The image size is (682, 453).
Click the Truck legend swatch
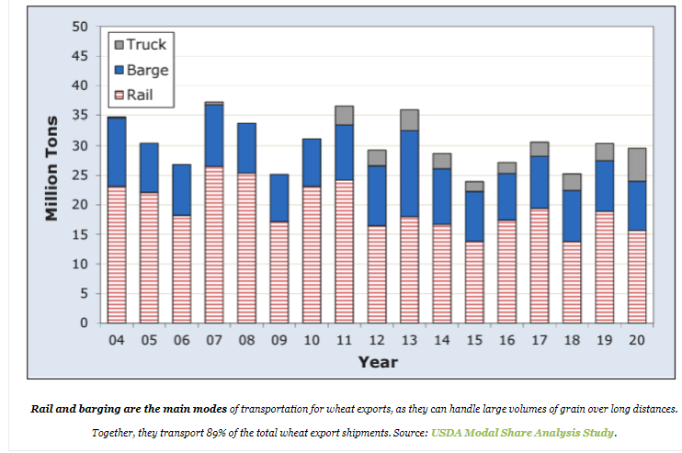tap(119, 44)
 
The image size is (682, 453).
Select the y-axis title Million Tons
tap(52, 166)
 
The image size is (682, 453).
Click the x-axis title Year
tap(378, 361)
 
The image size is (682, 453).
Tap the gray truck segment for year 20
tap(637, 164)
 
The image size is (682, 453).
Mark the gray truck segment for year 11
tap(345, 115)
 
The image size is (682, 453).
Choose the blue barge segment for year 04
tap(117, 152)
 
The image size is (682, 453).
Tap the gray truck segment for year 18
tap(572, 182)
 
